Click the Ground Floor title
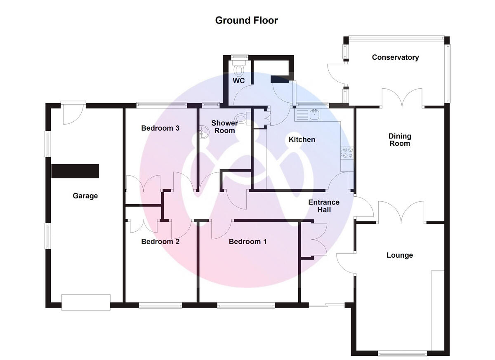pyautogui.click(x=247, y=20)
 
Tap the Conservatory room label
pyautogui.click(x=395, y=57)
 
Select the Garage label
pyautogui.click(x=85, y=196)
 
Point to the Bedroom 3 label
pyautogui.click(x=160, y=128)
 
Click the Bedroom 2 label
pyautogui.click(x=160, y=242)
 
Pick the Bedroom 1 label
pyautogui.click(x=247, y=242)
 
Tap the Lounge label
pyautogui.click(x=399, y=255)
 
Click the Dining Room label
pyautogui.click(x=399, y=140)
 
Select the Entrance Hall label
pyautogui.click(x=324, y=206)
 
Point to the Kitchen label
pyautogui.click(x=302, y=140)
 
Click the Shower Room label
pyautogui.click(x=224, y=127)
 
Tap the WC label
pyautogui.click(x=239, y=81)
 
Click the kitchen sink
pyautogui.click(x=314, y=114)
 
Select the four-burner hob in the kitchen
pyautogui.click(x=346, y=153)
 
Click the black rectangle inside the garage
pyautogui.click(x=75, y=171)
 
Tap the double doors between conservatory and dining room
pyautogui.click(x=402, y=98)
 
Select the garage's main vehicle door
pyautogui.click(x=86, y=302)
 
